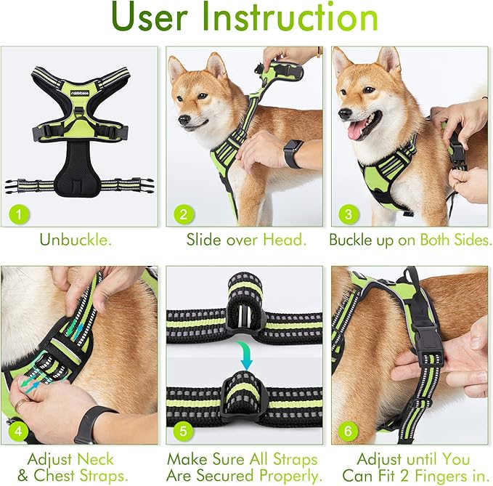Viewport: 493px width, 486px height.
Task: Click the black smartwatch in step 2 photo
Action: [293, 153]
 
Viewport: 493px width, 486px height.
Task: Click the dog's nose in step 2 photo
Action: [182, 120]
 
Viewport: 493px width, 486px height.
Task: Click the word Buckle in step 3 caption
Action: [353, 239]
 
